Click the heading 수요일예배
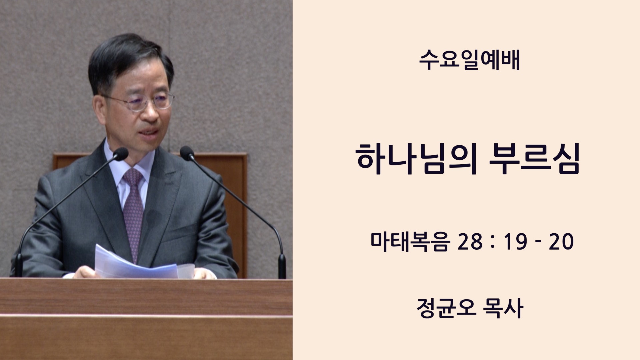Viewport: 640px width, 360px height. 469,61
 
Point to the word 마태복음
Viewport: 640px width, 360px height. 409,241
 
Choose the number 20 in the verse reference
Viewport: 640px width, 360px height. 561,242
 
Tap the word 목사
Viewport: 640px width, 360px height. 503,308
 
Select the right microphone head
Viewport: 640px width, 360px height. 187,153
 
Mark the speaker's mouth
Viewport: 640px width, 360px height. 149,133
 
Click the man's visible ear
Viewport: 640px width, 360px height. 99,108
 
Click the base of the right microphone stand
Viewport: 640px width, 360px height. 282,267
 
